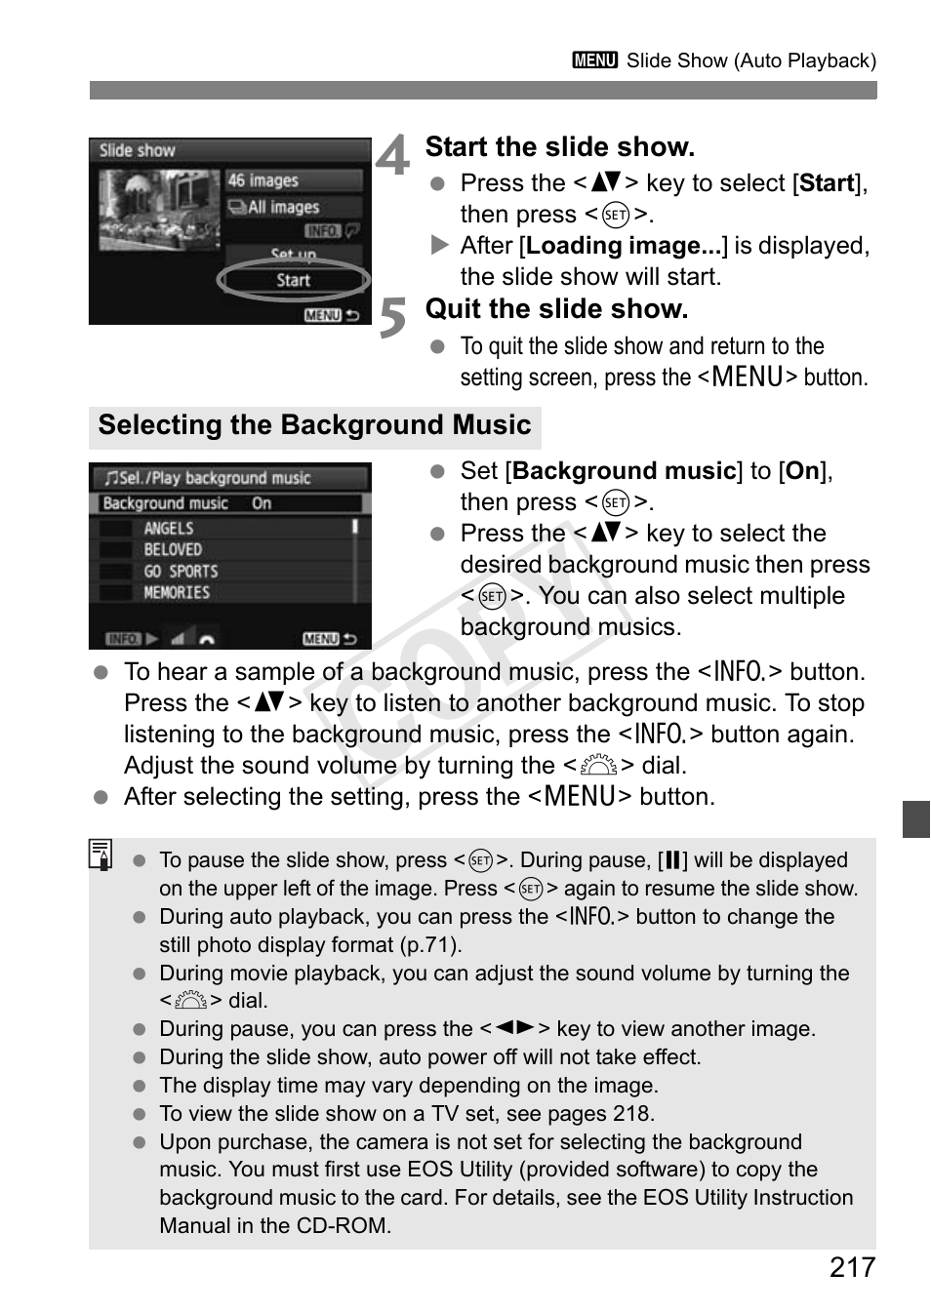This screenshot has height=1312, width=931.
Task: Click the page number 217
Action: [x=852, y=1267]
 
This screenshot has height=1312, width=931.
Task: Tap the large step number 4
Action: [x=392, y=156]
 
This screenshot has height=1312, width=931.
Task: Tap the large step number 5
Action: [x=392, y=318]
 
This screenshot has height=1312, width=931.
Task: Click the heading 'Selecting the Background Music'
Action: [x=314, y=425]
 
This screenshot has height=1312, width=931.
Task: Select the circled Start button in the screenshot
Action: [x=293, y=281]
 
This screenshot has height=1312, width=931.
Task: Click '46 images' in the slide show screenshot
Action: [x=263, y=180]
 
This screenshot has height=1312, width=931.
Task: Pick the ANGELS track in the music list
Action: [x=169, y=528]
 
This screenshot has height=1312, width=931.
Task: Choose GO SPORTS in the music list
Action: [x=181, y=572]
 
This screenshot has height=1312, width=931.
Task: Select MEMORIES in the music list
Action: [x=177, y=593]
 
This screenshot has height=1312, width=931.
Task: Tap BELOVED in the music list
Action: [x=173, y=549]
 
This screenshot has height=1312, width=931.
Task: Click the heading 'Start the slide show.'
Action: [x=559, y=147]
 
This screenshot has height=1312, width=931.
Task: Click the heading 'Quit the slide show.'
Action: [x=556, y=309]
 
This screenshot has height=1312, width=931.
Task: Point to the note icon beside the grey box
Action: [x=101, y=855]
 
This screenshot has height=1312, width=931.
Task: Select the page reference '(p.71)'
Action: [x=429, y=944]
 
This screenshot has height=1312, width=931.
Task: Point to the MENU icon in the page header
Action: [x=595, y=60]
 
